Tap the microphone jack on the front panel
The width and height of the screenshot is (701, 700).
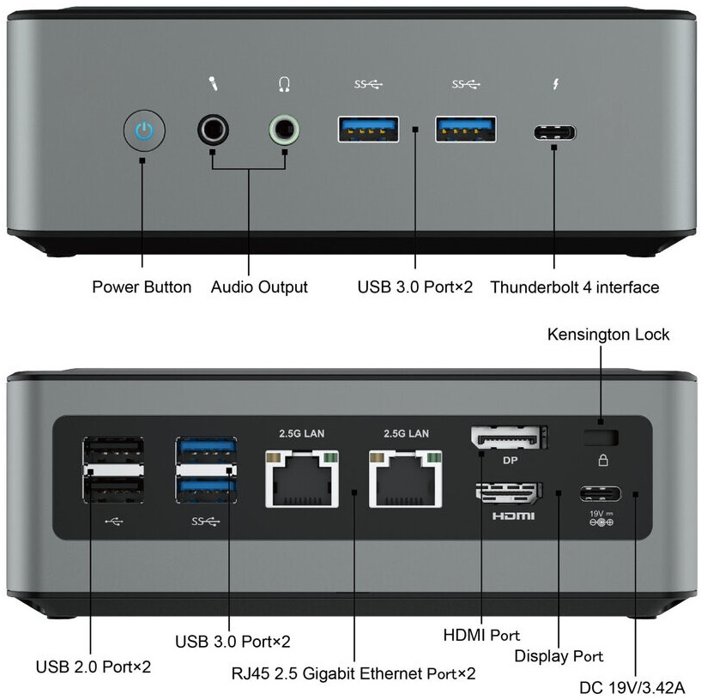(x=213, y=131)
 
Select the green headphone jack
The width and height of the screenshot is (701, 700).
(x=285, y=131)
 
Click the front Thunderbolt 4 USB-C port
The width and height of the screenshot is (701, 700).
(x=554, y=133)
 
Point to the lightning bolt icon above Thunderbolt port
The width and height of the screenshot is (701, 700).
(x=554, y=84)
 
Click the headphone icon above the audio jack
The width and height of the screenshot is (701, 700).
(x=285, y=84)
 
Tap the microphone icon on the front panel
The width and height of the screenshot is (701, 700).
(x=213, y=84)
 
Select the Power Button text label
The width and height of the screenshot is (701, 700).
(x=142, y=287)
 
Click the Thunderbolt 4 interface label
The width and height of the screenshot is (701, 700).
(x=574, y=287)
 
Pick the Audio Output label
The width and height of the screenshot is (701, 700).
(x=259, y=287)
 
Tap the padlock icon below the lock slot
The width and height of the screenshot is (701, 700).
(x=602, y=461)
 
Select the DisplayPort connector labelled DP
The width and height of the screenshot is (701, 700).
(x=509, y=438)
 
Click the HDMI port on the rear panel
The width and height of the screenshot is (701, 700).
(x=507, y=492)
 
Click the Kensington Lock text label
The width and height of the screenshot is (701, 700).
(x=608, y=335)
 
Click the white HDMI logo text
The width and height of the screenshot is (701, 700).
(x=512, y=516)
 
